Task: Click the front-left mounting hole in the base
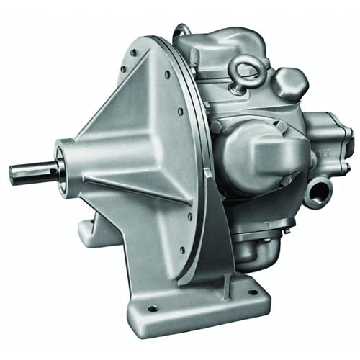(x=153, y=308)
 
